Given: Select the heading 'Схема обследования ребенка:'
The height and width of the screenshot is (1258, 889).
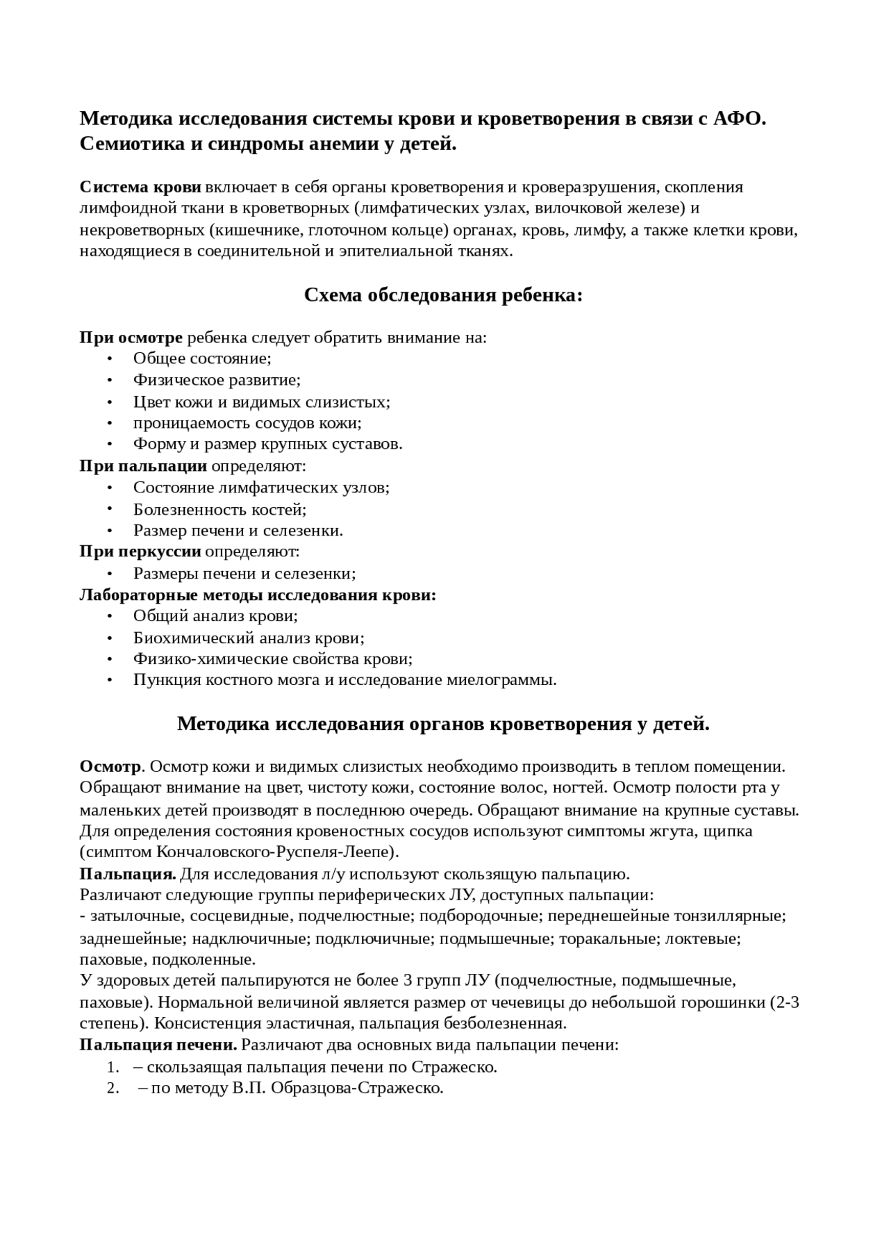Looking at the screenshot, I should tap(443, 295).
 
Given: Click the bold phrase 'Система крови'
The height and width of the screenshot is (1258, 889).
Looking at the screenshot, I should tap(140, 187).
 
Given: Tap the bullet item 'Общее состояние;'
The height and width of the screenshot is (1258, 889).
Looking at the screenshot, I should tap(202, 358).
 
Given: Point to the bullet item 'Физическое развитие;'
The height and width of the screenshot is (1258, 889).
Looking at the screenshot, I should tap(217, 380).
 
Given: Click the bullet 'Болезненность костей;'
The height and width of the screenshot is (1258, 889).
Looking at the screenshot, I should tap(219, 509).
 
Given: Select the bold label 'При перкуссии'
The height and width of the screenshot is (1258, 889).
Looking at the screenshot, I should tap(140, 552).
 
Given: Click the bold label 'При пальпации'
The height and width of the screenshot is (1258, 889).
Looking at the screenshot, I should tap(143, 466).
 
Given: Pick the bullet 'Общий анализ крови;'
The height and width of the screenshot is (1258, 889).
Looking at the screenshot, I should tap(215, 616).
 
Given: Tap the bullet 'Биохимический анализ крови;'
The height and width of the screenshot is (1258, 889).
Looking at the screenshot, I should tap(249, 638).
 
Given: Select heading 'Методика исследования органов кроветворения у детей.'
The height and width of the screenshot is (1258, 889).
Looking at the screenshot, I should tap(443, 724).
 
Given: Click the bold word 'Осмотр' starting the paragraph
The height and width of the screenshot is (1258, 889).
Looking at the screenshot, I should tap(110, 767).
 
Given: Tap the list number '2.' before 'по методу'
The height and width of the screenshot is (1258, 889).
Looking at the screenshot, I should tap(114, 1089).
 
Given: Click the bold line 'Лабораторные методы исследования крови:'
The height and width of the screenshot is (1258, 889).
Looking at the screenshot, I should tap(258, 595).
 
